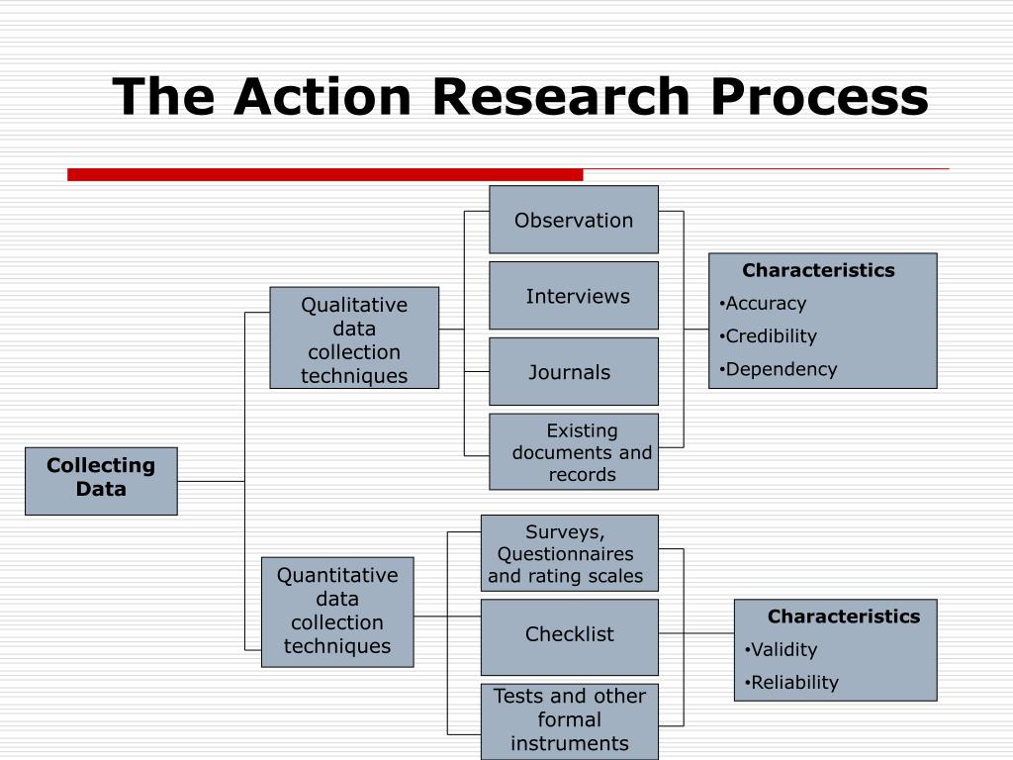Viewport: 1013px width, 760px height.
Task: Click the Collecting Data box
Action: tap(101, 481)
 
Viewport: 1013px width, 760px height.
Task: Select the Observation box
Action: tap(574, 220)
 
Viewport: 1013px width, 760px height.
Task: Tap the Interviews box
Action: tap(574, 296)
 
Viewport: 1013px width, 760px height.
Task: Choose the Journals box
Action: tap(574, 372)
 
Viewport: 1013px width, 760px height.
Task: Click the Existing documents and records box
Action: tap(574, 452)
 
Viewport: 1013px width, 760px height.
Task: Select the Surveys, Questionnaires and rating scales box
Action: tap(570, 553)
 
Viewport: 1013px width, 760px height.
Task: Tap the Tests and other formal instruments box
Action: tap(570, 720)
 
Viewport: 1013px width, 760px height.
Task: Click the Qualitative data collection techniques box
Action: tap(354, 338)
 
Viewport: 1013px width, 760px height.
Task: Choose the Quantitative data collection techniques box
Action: tap(337, 612)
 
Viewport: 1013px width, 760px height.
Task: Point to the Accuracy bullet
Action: tap(764, 304)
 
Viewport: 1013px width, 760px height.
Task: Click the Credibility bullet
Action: tap(769, 336)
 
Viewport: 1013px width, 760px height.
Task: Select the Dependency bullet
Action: tap(779, 369)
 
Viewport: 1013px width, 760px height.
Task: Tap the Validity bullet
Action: tap(782, 650)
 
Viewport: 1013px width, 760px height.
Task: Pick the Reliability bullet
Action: tap(791, 683)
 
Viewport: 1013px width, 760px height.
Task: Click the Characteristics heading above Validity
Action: tap(844, 617)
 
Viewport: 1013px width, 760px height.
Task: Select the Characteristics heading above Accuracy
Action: tap(818, 270)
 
